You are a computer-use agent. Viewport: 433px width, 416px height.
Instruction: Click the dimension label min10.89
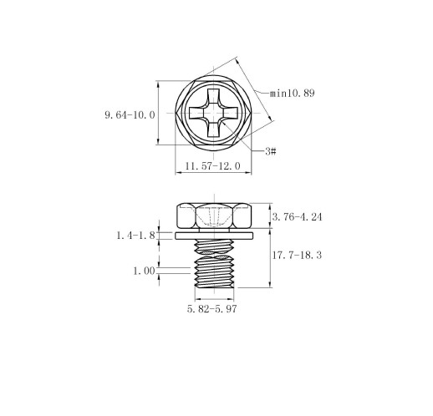[x=293, y=93]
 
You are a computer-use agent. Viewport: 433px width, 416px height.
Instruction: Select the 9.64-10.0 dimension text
[x=130, y=114]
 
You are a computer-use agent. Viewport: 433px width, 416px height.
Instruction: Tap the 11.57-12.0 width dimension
[x=212, y=166]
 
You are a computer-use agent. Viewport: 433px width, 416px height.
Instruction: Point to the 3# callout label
[x=271, y=151]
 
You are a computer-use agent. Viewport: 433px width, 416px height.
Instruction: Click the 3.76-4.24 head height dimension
[x=297, y=217]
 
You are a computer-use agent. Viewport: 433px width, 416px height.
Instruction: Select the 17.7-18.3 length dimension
[x=297, y=255]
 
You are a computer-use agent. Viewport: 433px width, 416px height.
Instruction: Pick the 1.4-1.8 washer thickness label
[x=135, y=236]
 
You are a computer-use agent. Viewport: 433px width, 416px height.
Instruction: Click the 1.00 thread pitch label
[x=144, y=271]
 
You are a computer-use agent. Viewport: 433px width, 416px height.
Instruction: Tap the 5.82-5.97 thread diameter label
[x=211, y=309]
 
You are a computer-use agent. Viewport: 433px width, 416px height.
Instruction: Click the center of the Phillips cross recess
[x=214, y=113]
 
